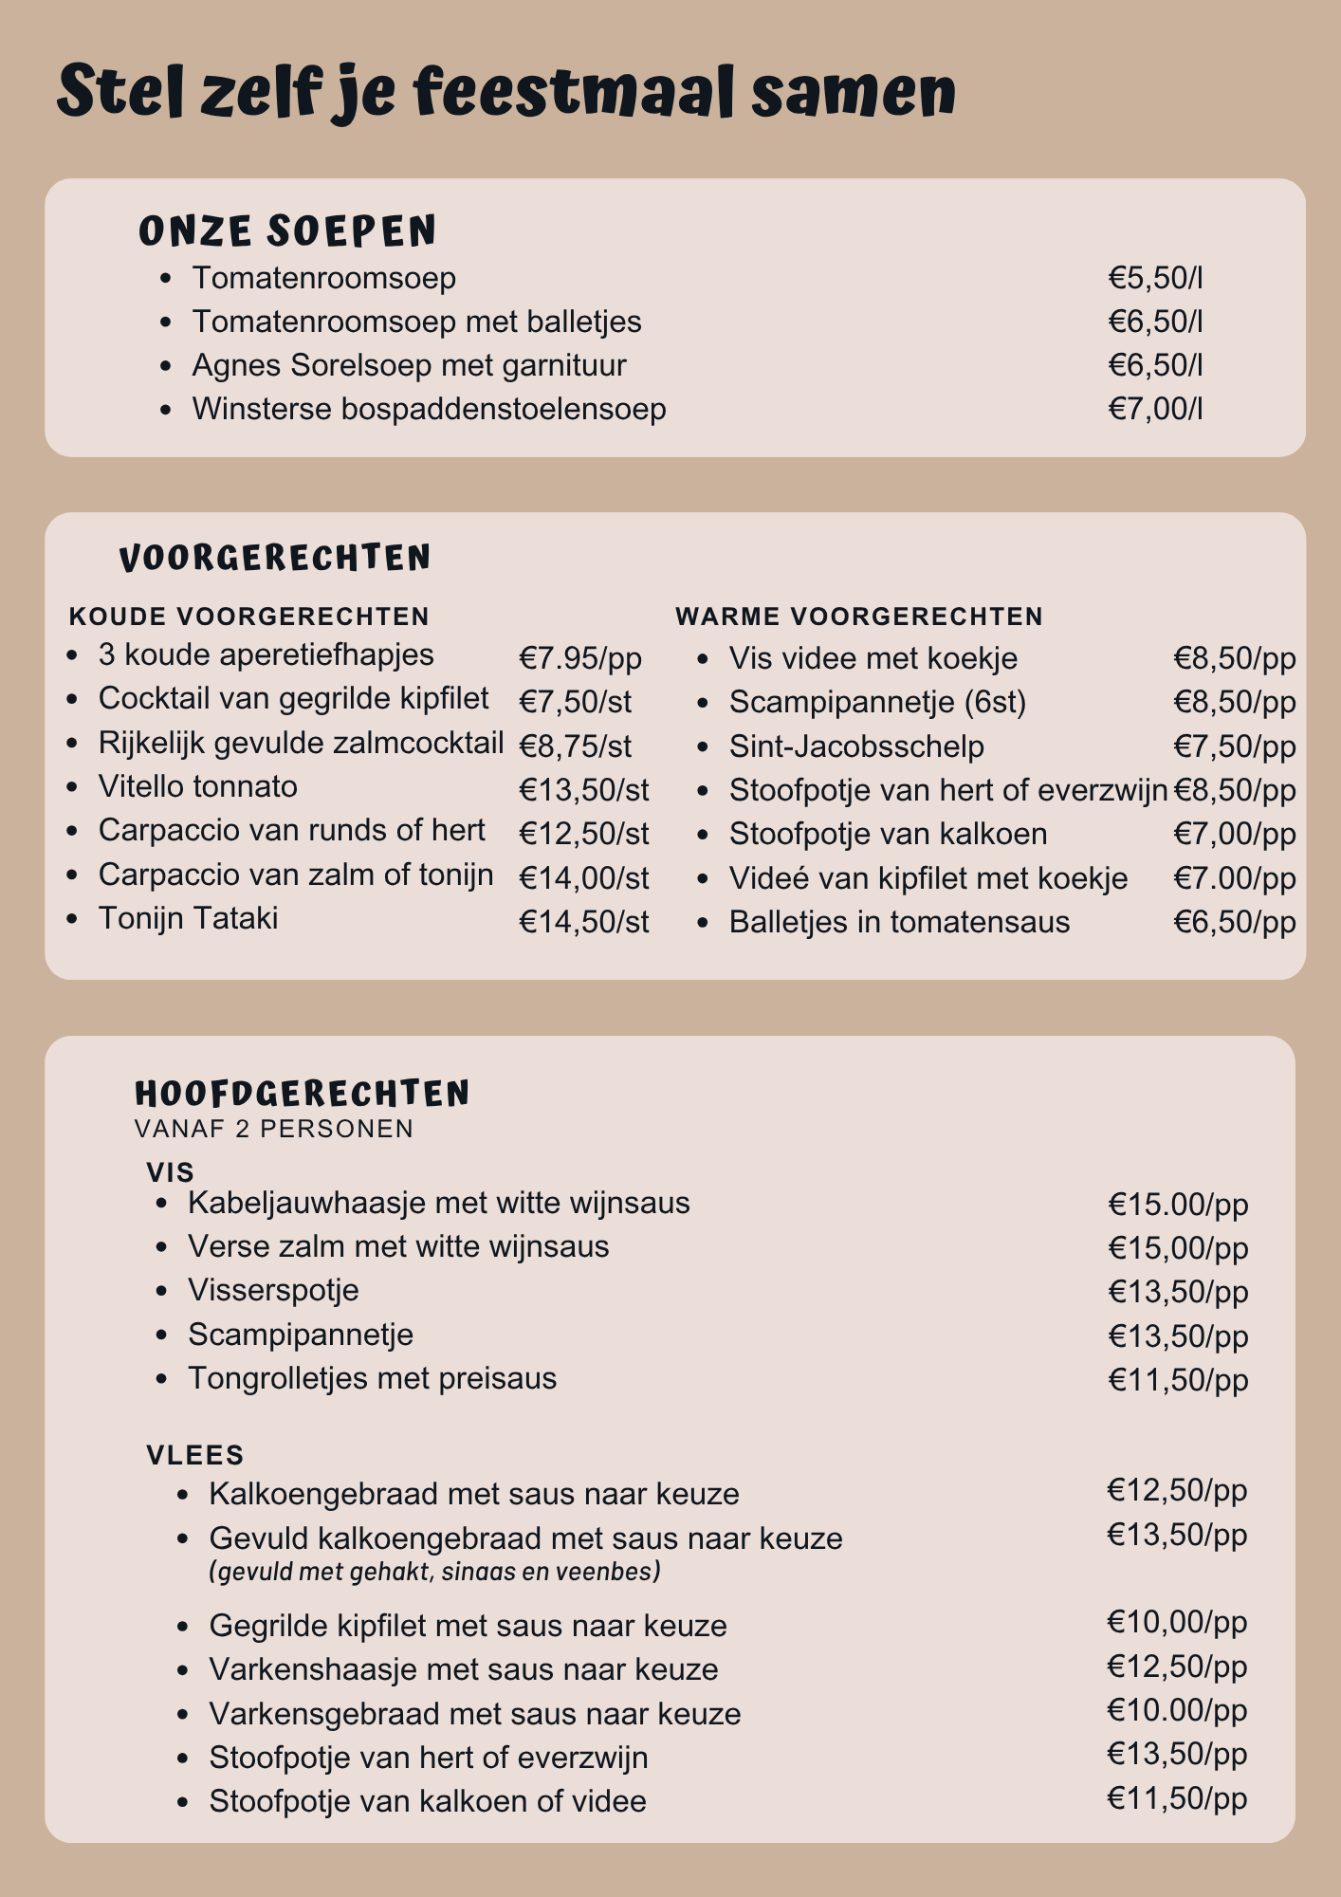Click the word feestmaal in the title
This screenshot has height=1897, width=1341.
(573, 92)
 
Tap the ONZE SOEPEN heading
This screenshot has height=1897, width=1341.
(287, 231)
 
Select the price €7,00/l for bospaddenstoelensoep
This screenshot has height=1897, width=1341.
(1155, 409)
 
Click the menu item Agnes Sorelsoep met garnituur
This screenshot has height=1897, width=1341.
(409, 365)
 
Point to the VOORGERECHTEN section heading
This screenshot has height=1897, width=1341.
(275, 558)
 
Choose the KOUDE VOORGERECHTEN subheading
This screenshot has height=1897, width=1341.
(249, 617)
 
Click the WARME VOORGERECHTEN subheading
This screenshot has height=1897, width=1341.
(859, 617)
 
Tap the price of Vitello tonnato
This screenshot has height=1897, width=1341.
(583, 789)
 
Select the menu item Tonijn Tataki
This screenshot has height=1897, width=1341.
(188, 918)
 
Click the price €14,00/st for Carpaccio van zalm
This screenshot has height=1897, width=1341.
(583, 877)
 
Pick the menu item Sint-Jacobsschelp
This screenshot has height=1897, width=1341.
(856, 746)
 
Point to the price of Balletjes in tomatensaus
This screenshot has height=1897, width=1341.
(1234, 922)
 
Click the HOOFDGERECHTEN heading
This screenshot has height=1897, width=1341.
(303, 1094)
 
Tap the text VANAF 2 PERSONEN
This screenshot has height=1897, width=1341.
(274, 1129)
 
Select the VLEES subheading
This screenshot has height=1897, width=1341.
(195, 1455)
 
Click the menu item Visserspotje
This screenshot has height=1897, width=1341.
(273, 1290)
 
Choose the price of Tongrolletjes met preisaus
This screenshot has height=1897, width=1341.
(1178, 1379)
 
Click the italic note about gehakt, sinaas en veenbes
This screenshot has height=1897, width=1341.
(434, 1572)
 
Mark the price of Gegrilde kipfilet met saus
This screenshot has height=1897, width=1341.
(1176, 1622)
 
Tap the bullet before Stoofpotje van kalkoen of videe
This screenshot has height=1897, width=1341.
(184, 1801)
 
